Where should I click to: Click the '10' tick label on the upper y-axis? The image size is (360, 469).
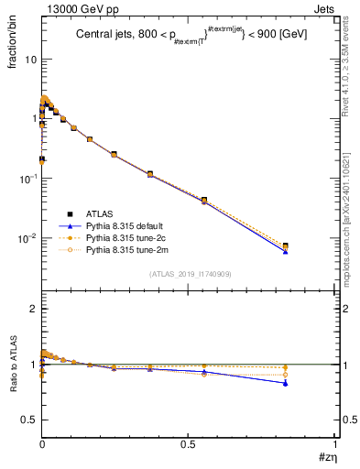(28, 60)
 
